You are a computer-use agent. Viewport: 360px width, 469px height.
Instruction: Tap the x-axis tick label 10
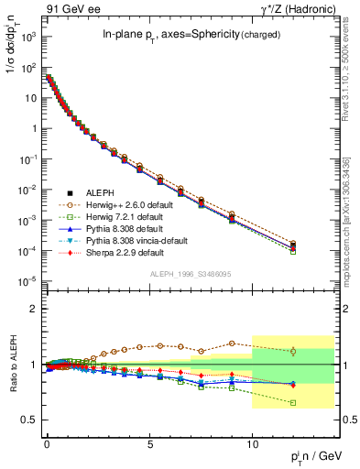pos(252,441)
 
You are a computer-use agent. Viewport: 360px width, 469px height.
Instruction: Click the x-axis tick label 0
pos(47,441)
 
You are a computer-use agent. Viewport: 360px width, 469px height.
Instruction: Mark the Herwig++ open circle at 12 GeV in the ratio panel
pos(293,351)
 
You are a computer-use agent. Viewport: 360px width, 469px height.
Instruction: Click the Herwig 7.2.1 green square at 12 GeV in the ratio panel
pos(293,403)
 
